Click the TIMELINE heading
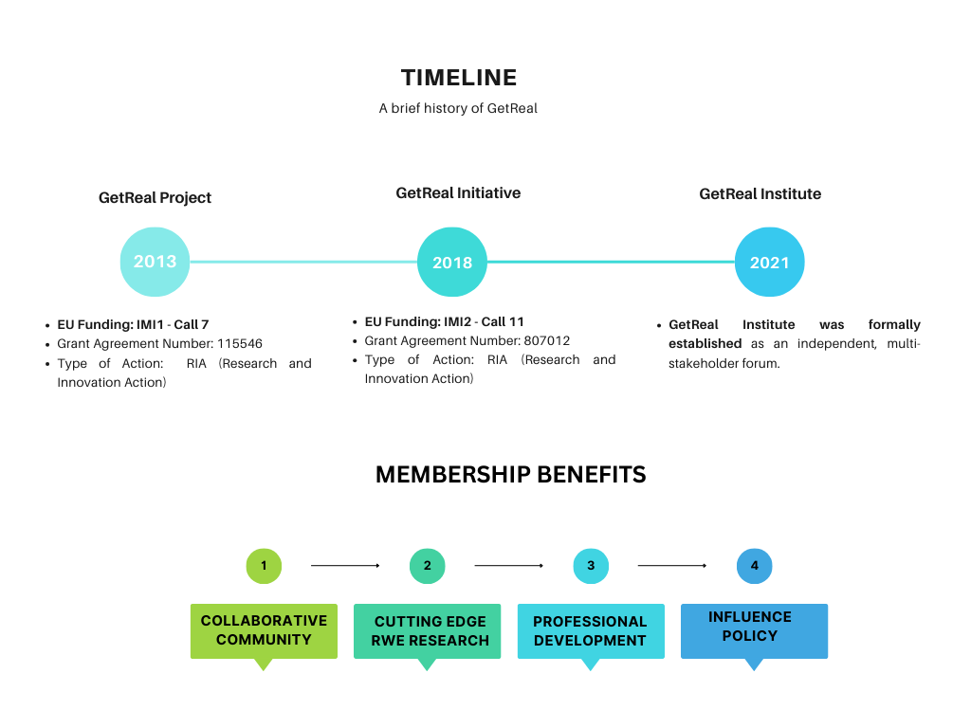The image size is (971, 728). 458,78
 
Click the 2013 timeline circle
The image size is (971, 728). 155,262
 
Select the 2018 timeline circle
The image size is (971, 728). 452,262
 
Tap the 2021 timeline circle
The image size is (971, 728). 770,262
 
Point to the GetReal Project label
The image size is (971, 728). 155,197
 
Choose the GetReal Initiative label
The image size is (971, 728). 458,193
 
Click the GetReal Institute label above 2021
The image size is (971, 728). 760,193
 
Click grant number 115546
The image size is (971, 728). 240,343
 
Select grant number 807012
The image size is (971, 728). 547,340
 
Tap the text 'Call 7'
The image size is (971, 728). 192,324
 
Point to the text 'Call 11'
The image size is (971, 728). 503,321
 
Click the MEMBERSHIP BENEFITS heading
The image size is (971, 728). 511,474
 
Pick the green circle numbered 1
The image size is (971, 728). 264,566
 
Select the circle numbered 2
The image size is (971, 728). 428,566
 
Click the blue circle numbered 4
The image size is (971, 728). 754,566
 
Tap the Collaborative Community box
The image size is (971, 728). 264,630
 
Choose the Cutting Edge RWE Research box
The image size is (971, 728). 428,630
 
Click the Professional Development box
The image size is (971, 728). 591,630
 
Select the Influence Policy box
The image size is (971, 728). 754,630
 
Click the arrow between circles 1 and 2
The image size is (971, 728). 345,565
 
